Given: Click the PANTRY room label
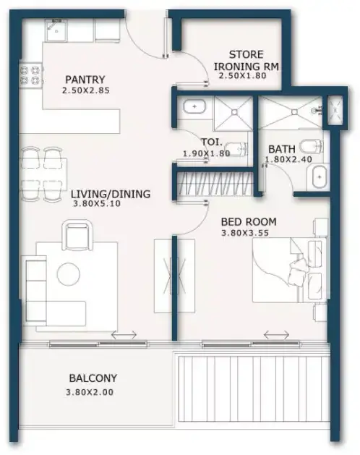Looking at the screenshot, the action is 85,80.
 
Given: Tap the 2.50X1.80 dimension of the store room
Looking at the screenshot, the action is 242,76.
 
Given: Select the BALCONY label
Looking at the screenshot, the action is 93,378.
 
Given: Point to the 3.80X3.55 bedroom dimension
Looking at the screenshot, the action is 245,233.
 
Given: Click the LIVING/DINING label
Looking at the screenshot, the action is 111,194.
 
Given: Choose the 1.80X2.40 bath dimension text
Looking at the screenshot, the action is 288,159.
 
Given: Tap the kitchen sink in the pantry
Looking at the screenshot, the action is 56,30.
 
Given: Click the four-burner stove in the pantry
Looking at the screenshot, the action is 31,75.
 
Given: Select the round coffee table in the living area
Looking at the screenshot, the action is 69,274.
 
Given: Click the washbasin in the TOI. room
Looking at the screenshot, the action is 194,107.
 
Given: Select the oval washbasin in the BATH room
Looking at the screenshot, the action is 320,177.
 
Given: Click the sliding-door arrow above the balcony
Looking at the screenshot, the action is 124,335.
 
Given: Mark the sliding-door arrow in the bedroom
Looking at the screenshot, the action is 276,335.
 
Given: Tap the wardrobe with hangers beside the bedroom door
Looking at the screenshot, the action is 215,184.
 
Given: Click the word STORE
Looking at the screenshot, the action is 247,54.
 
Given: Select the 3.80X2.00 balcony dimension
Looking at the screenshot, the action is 90,392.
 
